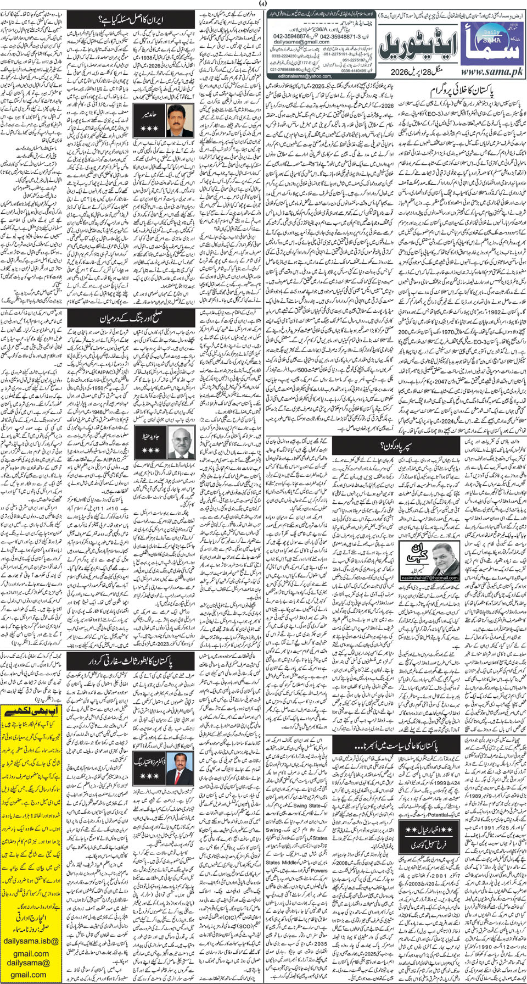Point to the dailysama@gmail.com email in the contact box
pyautogui.click(x=301, y=42)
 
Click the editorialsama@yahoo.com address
pyautogui.click(x=301, y=76)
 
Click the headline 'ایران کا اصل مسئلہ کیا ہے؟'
pyautogui.click(x=131, y=21)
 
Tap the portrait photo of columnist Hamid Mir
pyautogui.click(x=179, y=121)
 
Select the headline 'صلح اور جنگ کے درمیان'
pyautogui.click(x=131, y=318)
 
